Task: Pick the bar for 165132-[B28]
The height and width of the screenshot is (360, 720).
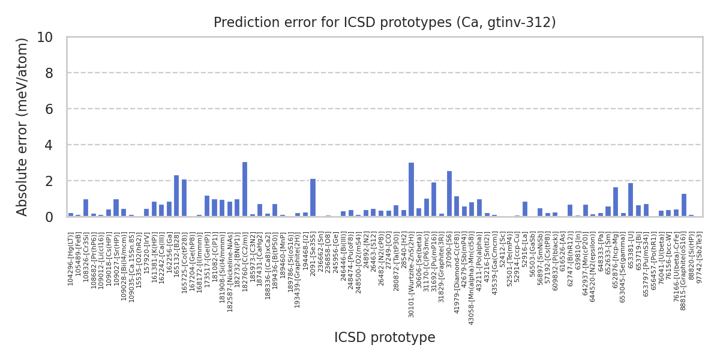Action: click(176, 196)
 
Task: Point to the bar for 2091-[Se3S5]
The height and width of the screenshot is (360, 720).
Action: click(313, 197)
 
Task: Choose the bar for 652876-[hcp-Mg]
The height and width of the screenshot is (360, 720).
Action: click(616, 202)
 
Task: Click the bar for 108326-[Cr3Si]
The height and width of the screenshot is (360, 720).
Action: click(86, 208)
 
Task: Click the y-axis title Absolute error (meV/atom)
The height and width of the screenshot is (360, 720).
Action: click(23, 127)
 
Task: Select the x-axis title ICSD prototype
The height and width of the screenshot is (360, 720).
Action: click(385, 338)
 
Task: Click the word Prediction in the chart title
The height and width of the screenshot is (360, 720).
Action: click(239, 23)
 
